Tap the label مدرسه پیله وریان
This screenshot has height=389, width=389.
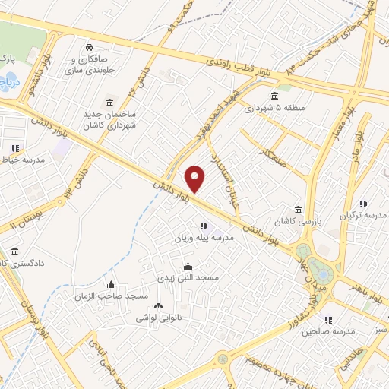click(203, 238)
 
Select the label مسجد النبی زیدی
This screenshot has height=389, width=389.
click(188, 279)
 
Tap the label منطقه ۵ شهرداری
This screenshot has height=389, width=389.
click(274, 108)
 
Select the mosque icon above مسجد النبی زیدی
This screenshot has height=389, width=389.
click(188, 267)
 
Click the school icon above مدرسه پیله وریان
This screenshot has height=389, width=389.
click(203, 226)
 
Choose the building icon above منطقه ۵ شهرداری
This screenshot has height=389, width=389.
click(274, 96)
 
